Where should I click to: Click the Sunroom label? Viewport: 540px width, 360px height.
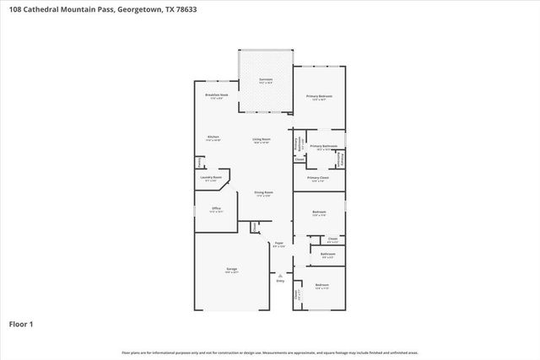tap(265, 81)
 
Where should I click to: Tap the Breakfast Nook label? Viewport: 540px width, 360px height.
tap(217, 96)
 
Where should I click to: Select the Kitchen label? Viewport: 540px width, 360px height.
tap(213, 138)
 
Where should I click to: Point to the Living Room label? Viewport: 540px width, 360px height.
tap(262, 140)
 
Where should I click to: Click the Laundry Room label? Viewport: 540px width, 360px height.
tap(211, 178)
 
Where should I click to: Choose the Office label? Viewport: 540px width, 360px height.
tap(216, 208)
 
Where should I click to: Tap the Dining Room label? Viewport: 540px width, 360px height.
tap(264, 193)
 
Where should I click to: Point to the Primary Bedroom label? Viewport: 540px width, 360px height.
tap(319, 97)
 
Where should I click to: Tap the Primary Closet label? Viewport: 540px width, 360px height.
tap(318, 179)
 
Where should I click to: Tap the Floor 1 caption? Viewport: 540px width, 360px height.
tap(21, 324)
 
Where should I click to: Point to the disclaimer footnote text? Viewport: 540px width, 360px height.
tap(270, 352)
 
